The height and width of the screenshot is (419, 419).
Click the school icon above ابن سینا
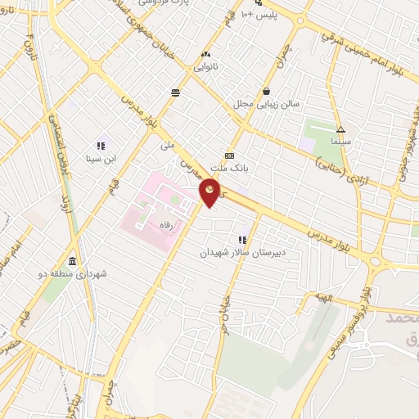point(101,146)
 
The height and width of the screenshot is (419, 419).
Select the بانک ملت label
point(229,168)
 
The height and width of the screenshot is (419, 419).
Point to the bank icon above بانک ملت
point(229,155)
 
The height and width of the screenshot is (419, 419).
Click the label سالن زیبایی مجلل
point(267,104)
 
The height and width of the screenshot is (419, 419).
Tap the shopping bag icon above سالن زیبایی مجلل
point(267,92)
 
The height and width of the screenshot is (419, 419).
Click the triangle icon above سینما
point(340,129)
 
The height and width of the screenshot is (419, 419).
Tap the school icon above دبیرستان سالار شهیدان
point(242,240)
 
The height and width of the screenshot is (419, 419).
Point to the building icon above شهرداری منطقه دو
point(73,262)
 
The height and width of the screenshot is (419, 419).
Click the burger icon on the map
point(175,92)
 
